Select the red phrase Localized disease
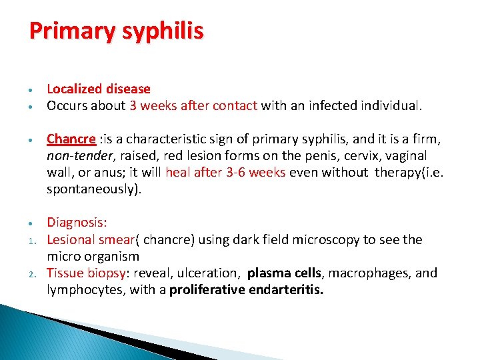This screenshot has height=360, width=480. click(x=99, y=89)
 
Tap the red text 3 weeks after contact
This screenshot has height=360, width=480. click(x=193, y=105)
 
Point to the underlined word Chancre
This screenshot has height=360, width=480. click(x=71, y=139)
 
